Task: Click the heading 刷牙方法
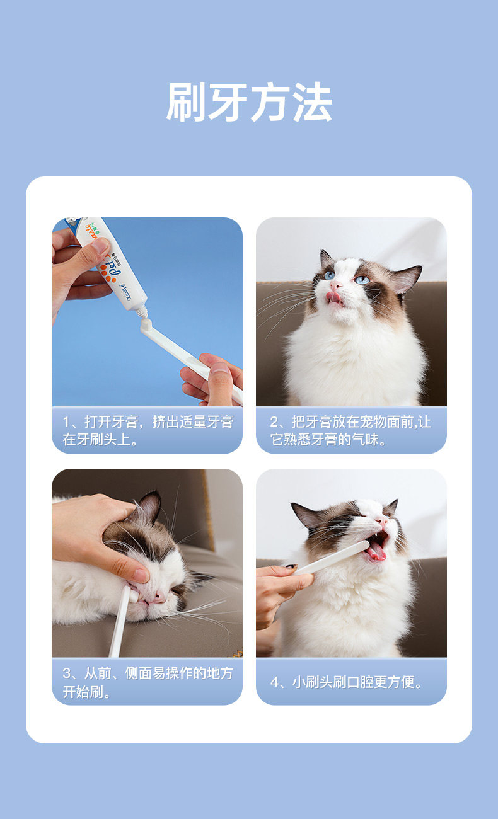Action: (249, 101)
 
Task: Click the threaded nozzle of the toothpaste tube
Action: (142, 311)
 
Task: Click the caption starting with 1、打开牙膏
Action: (148, 430)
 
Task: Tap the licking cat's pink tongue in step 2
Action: (333, 297)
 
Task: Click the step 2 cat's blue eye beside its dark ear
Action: (362, 280)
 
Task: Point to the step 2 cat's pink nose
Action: (335, 285)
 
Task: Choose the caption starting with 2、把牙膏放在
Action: (350, 430)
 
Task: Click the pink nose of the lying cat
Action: (159, 597)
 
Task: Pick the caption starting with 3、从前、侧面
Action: (148, 682)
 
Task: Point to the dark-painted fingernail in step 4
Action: (291, 566)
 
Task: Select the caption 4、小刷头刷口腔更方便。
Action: (346, 682)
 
